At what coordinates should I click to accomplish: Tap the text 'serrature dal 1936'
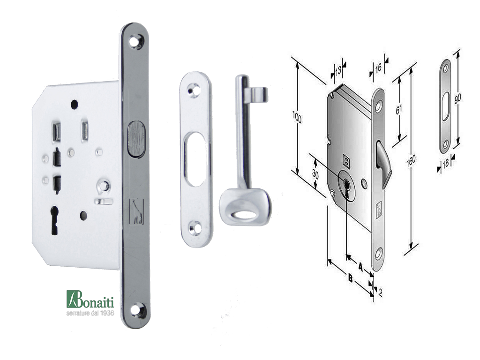[90, 313]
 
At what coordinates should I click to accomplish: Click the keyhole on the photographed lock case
[54, 220]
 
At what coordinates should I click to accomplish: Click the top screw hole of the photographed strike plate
[193, 90]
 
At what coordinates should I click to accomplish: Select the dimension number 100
[297, 117]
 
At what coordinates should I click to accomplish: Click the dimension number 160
[411, 161]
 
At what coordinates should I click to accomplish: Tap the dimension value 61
[398, 109]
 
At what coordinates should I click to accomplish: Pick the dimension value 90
[457, 98]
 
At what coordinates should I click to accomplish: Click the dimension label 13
[338, 71]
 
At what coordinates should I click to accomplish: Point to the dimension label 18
[446, 163]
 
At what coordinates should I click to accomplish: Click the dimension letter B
[351, 278]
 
